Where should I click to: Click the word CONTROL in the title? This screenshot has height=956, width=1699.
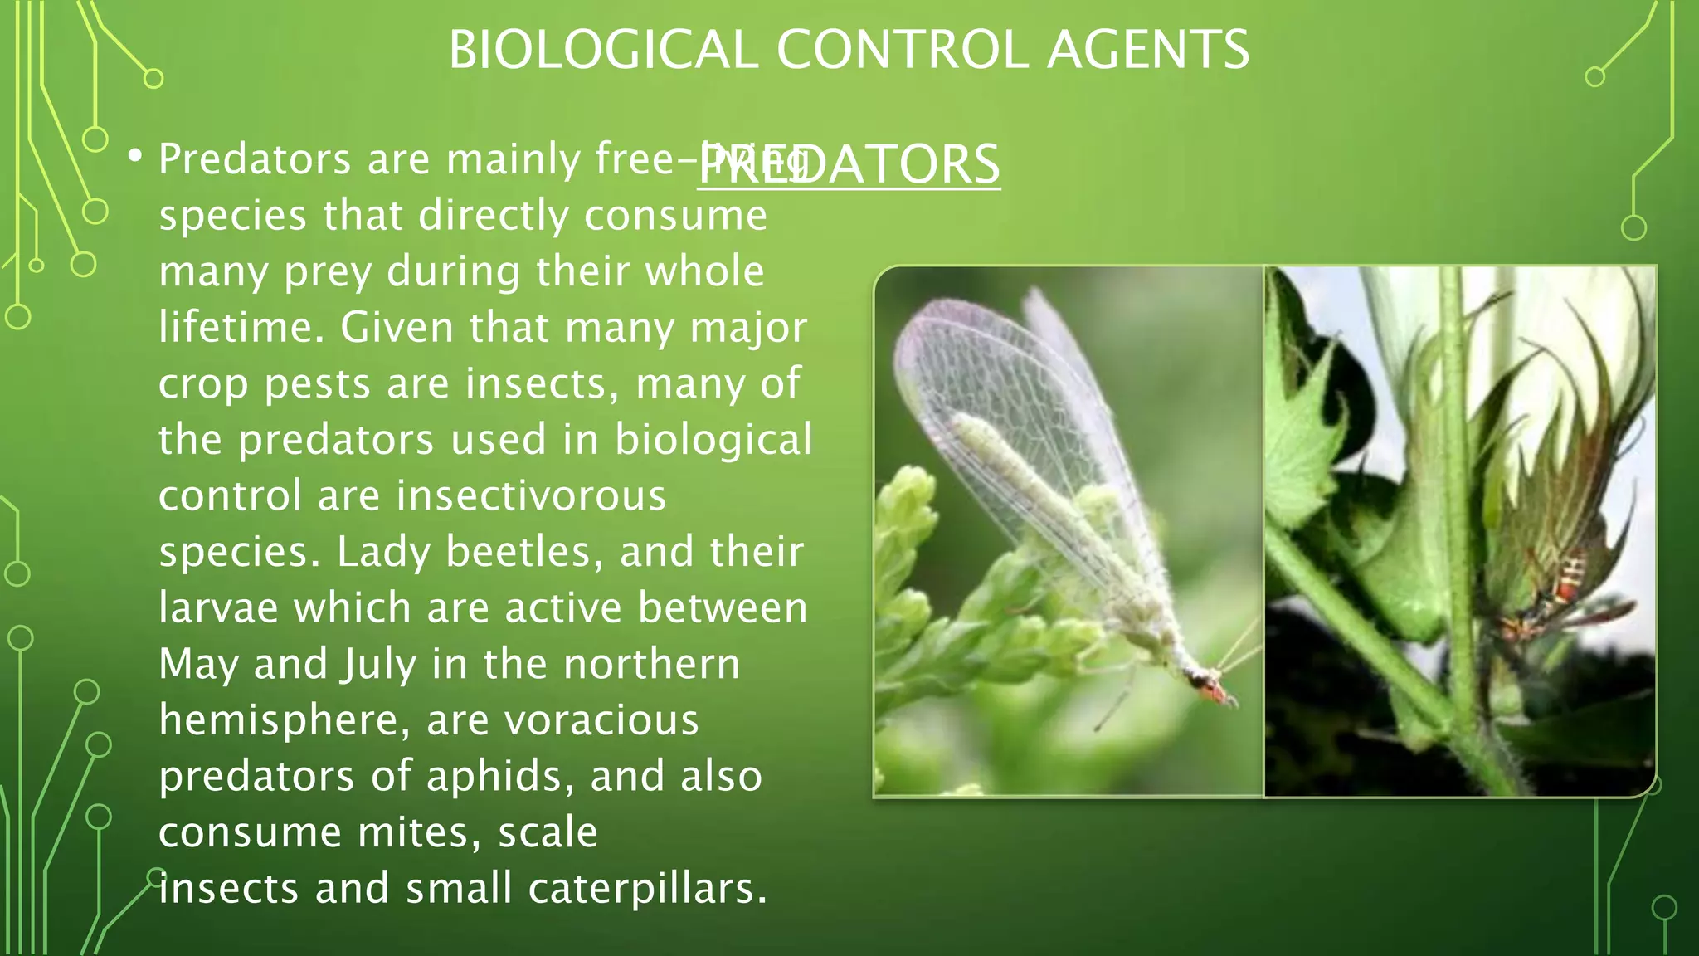click(x=902, y=50)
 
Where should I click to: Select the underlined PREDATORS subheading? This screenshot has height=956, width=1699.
click(x=849, y=163)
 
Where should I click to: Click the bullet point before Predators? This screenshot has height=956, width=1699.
click(x=135, y=155)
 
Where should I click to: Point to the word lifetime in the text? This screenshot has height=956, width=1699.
click(x=241, y=327)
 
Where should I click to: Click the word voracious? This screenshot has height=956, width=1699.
click(x=602, y=719)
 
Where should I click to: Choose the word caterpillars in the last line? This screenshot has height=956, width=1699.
click(x=647, y=888)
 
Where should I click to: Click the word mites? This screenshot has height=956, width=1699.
click(x=419, y=832)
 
